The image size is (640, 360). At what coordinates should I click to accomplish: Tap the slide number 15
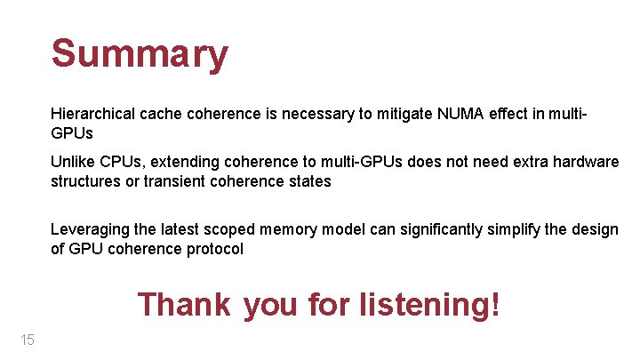26,340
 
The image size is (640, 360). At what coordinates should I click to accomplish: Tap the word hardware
586,162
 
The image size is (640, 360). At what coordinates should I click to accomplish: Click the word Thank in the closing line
184,305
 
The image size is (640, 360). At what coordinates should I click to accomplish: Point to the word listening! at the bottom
429,305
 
